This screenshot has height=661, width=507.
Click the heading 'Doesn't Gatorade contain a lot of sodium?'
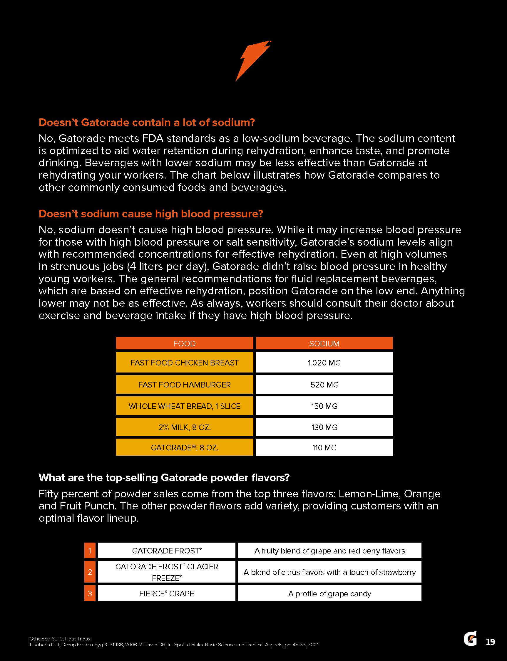(147, 123)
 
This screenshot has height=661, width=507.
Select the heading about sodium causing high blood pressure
(150, 214)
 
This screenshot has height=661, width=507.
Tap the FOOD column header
(184, 343)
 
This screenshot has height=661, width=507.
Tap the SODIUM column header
(324, 343)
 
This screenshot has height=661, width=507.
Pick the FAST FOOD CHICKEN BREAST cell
(184, 363)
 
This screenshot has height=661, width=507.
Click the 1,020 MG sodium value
(324, 363)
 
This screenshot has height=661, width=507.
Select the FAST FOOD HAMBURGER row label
(184, 385)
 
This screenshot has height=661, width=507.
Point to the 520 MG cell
(324, 385)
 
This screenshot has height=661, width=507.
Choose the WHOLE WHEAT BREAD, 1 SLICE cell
(184, 406)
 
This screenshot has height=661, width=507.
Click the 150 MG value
(324, 406)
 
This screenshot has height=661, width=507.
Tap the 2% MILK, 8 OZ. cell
(184, 427)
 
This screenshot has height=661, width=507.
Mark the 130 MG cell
(324, 427)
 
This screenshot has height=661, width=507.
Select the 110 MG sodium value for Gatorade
(324, 447)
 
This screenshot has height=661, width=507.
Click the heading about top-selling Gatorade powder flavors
(164, 478)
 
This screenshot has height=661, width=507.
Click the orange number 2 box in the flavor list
(90, 572)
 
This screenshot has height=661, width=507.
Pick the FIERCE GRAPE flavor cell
(167, 593)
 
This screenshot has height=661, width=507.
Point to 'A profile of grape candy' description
(329, 593)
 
